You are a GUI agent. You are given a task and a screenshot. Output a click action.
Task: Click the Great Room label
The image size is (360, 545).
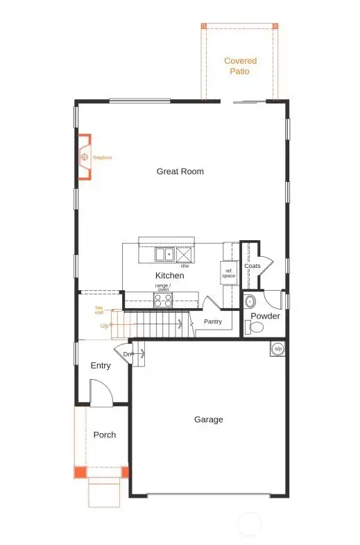tap(180, 171)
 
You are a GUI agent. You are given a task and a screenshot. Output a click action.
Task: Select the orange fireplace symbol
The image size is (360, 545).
tap(85, 158)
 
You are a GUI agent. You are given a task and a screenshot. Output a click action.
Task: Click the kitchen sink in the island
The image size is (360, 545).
tap(164, 255)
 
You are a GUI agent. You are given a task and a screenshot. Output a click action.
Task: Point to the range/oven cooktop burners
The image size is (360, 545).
tap(163, 300)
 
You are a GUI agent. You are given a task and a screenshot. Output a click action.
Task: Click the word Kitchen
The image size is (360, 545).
tap(169, 276)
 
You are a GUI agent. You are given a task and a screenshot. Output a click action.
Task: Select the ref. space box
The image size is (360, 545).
tap(229, 274)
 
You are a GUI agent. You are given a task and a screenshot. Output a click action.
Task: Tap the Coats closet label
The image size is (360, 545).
tap(252, 266)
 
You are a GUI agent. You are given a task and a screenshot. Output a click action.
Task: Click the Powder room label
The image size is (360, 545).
tap(265, 316)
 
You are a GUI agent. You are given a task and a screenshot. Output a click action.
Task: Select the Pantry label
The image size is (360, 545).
tap(213, 321)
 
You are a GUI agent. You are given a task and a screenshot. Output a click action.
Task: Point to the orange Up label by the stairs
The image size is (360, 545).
tap(104, 325)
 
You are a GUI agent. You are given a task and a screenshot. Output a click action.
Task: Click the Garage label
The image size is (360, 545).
tap(208, 419)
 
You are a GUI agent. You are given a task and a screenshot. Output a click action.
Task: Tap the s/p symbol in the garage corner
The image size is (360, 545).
tap(278, 349)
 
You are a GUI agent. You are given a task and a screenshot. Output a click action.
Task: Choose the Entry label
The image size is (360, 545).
tap(101, 366)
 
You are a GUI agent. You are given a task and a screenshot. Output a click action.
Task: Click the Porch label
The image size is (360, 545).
tap(105, 435)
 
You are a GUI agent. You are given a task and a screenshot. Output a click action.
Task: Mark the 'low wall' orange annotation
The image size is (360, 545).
tap(99, 310)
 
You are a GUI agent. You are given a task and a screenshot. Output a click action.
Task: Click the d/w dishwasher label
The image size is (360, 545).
tap(185, 266)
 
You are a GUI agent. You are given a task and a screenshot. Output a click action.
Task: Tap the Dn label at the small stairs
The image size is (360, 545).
tap(128, 355)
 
